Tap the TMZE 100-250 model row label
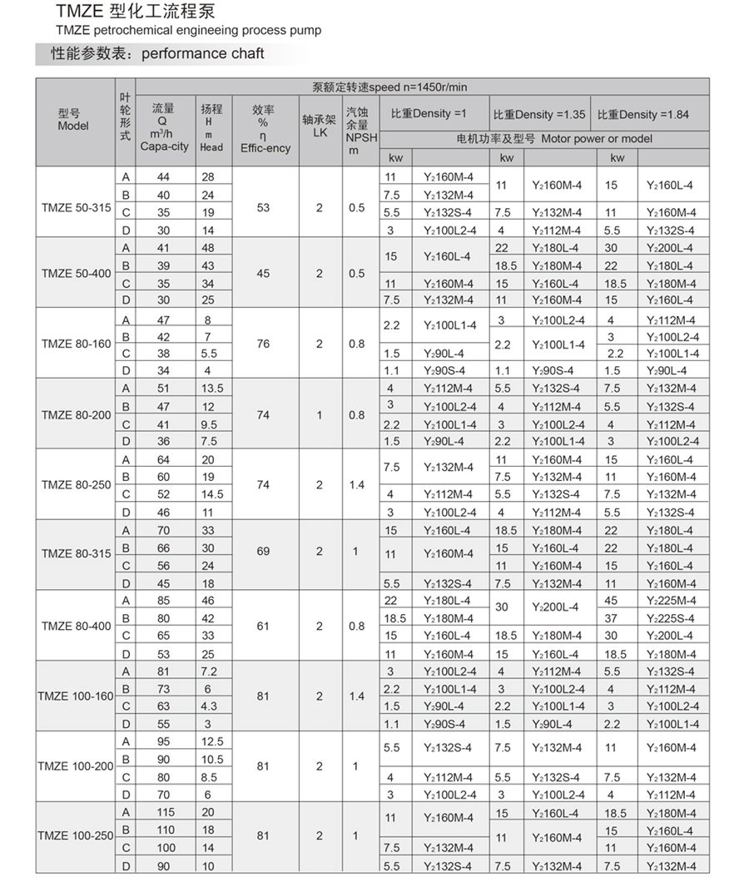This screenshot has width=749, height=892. coord(75,835)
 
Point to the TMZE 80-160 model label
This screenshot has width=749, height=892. coord(75,344)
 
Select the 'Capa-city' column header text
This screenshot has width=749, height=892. coord(163,146)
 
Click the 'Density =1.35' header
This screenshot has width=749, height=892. coord(539,114)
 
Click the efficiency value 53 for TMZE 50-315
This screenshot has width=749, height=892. coord(263,208)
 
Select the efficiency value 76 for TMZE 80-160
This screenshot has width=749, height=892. coord(263,344)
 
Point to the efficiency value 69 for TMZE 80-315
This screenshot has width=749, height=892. coord(263,551)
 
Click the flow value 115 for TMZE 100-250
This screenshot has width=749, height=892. coord(163,812)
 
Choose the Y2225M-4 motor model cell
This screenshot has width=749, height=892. coord(673,600)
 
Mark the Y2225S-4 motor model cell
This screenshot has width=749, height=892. coord(673,617)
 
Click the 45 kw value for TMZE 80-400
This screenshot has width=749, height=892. coord(611,600)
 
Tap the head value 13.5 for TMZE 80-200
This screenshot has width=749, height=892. coord(213,388)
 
